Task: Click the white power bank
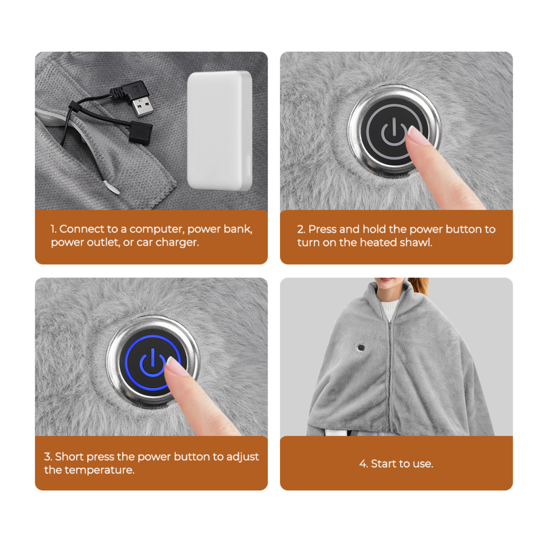219,131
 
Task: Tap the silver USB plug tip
143,106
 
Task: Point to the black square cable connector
140,133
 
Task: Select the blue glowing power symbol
152,362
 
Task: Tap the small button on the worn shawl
361,347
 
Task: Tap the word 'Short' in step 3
69,457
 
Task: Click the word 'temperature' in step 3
99,470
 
